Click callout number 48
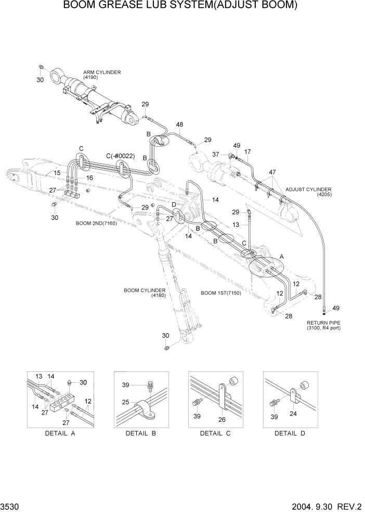(180, 124)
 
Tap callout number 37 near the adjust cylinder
(215, 154)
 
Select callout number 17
(247, 152)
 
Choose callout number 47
(272, 172)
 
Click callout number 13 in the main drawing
(236, 224)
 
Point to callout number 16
(89, 178)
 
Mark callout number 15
(57, 173)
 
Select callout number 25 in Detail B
(124, 402)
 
